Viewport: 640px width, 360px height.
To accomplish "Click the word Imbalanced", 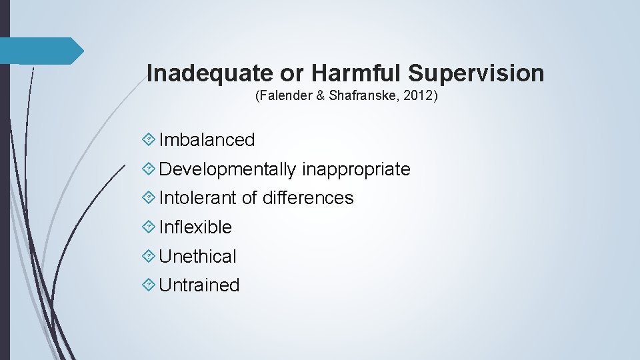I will tap(207, 140).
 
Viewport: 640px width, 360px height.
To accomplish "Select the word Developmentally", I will tap(228, 169).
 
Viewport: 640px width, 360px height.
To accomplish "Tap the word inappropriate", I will tap(356, 169).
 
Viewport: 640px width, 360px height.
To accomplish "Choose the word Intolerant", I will tap(198, 198).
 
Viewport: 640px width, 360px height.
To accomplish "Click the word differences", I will tap(308, 198).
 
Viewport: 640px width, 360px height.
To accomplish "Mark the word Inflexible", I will tap(195, 227).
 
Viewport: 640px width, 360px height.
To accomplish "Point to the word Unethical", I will tap(197, 256).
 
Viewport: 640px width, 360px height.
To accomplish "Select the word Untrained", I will tap(199, 285).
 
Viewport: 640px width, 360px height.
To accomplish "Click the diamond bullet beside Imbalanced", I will tap(149, 140).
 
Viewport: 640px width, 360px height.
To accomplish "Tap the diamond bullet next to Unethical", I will tap(149, 256).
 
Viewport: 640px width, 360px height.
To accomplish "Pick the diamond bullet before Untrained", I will tap(149, 285).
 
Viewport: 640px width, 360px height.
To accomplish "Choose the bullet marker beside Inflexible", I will tap(149, 227).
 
